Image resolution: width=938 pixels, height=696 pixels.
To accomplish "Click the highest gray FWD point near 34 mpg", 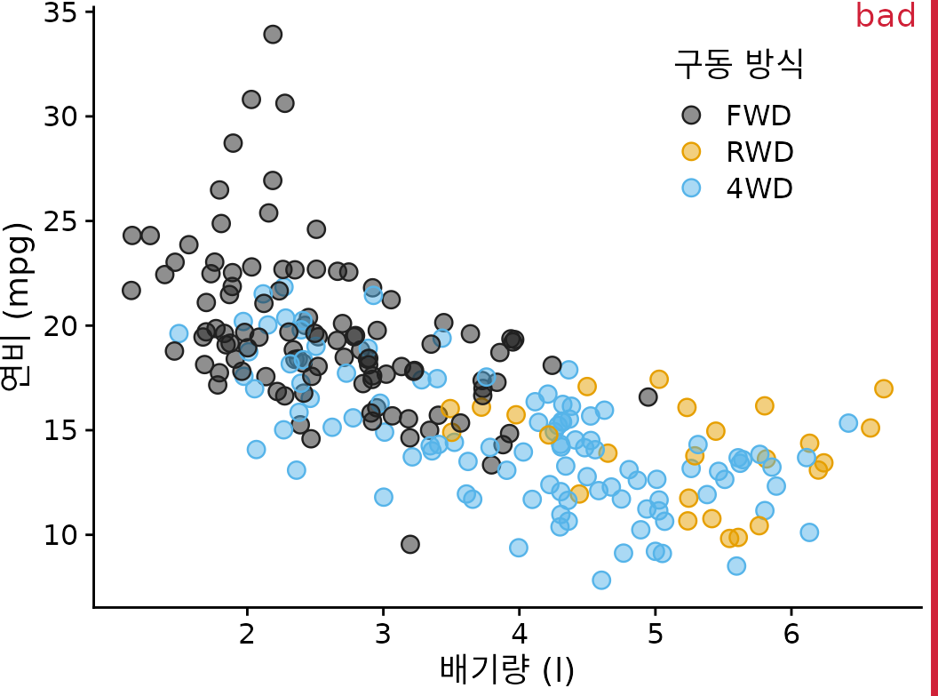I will (273, 35).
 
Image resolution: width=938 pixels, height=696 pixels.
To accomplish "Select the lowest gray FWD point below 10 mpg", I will (409, 544).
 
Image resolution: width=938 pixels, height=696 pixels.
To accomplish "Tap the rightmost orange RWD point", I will (883, 388).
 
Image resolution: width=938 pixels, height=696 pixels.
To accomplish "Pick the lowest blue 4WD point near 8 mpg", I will (601, 580).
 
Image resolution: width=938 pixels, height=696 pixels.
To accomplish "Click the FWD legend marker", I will (691, 115).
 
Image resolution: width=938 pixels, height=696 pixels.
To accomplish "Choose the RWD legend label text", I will (759, 152).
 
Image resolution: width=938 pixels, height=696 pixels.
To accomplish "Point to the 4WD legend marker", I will (691, 188).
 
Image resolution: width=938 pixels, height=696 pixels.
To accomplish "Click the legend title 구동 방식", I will (738, 64).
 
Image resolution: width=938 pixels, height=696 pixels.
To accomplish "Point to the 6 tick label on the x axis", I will (791, 636).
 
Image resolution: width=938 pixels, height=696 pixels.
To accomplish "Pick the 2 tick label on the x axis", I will (247, 636).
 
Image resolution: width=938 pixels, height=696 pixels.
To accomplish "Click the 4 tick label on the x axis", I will (519, 636).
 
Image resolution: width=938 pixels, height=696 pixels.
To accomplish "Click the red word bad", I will (885, 16).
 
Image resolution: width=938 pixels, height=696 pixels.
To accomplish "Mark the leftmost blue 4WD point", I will (179, 333).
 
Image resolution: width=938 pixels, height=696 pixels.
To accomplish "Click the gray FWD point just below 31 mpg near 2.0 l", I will (251, 100).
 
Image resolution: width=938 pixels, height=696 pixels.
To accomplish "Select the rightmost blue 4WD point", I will (848, 423).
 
